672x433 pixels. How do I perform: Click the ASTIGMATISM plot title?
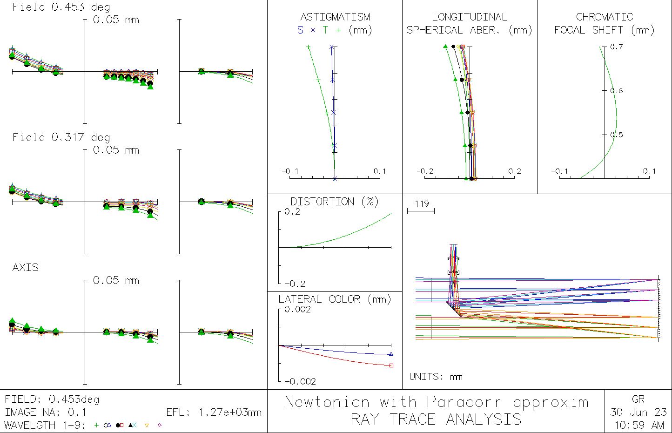tap(335, 17)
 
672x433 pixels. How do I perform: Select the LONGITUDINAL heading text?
tap(469, 17)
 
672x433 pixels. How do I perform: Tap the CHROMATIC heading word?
tap(604, 17)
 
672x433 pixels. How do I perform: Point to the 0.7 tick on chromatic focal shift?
tap(617, 47)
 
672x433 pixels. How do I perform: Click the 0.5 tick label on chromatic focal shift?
tap(617, 135)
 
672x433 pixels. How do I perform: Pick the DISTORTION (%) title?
tap(334, 202)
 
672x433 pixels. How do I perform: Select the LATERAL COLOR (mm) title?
tap(335, 299)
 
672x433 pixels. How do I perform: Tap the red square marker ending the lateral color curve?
tap(391, 365)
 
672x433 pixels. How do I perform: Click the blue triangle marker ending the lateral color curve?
tap(391, 354)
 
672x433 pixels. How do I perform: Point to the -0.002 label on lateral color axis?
tap(300, 381)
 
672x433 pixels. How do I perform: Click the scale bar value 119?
tap(421, 203)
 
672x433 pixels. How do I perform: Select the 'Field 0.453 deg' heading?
tap(61, 7)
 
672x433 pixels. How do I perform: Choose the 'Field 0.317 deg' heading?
tap(61, 137)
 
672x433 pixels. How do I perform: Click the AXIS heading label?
tap(26, 268)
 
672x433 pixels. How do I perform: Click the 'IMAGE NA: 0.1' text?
tap(45, 413)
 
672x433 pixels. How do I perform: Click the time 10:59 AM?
tap(638, 425)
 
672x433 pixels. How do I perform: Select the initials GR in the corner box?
tap(638, 399)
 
